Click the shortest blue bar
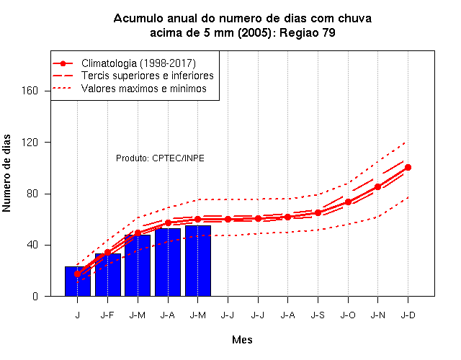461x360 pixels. point(78,282)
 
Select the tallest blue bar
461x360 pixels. point(198,261)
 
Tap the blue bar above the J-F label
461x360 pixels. point(108,275)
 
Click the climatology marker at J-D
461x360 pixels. point(408,168)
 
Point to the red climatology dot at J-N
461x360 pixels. point(377,187)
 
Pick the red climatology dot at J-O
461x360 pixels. point(348,202)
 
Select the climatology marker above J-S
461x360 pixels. point(318,213)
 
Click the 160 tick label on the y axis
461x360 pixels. point(30,91)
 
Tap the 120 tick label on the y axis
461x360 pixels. point(30,143)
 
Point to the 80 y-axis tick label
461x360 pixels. point(32,194)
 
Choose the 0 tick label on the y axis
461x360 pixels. point(35,296)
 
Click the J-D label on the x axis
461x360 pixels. point(408,315)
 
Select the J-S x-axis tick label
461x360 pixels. point(318,315)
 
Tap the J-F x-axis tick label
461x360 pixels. point(107,315)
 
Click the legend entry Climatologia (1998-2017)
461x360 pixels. point(138,63)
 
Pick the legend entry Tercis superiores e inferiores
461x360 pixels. point(148,76)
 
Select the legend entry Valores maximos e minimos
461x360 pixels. point(144,89)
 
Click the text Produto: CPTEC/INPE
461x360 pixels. point(160,158)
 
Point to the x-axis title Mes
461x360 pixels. point(242,340)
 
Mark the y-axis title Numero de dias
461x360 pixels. point(6,173)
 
